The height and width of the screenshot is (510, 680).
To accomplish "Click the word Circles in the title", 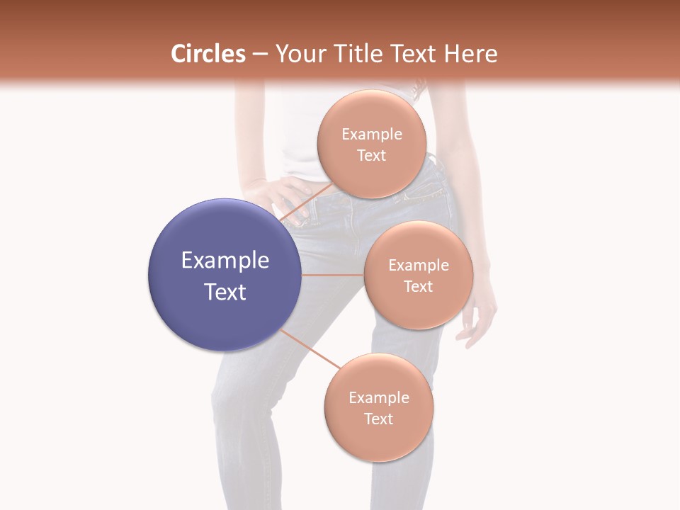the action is pos(208,54).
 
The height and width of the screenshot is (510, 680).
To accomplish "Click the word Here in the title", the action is pos(472,54).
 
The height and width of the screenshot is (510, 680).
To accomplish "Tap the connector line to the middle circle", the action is pos(333,275).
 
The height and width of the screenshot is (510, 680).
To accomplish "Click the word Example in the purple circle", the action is pos(225,261).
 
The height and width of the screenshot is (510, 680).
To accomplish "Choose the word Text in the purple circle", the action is pos(225,292).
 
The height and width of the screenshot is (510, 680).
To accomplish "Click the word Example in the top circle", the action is pos(372,135).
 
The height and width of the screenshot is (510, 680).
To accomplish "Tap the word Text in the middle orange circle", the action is pos(418,286).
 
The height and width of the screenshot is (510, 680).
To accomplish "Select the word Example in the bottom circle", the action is pos(379,398).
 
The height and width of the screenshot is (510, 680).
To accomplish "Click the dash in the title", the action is pos(259,54).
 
